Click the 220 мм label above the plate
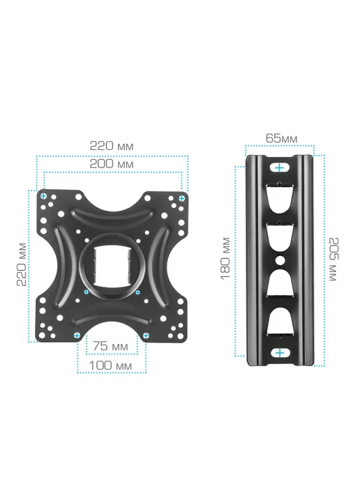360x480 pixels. click(x=112, y=146)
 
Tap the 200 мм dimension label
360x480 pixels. click(x=112, y=164)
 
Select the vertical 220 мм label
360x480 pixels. click(x=22, y=264)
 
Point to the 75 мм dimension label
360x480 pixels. click(x=111, y=346)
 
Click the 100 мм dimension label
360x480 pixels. click(x=110, y=366)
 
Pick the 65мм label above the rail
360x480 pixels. click(x=281, y=138)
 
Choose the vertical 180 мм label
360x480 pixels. click(x=225, y=259)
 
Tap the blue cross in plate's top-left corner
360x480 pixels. click(x=44, y=196)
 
